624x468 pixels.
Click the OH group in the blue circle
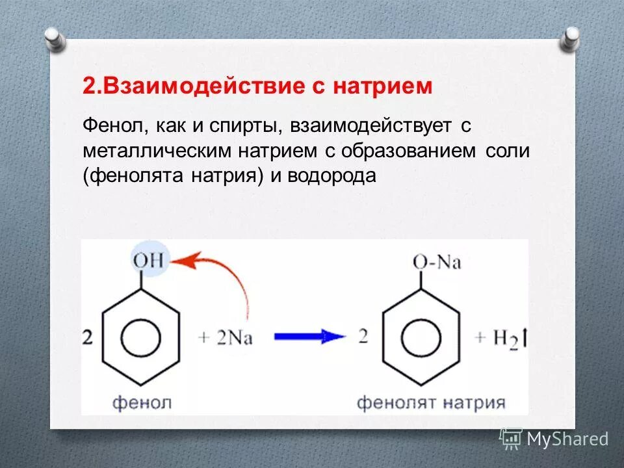(150, 262)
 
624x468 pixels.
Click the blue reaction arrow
(307, 337)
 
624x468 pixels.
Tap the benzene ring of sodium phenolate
(421, 337)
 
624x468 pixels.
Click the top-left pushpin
(55, 38)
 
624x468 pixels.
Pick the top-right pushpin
(570, 38)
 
